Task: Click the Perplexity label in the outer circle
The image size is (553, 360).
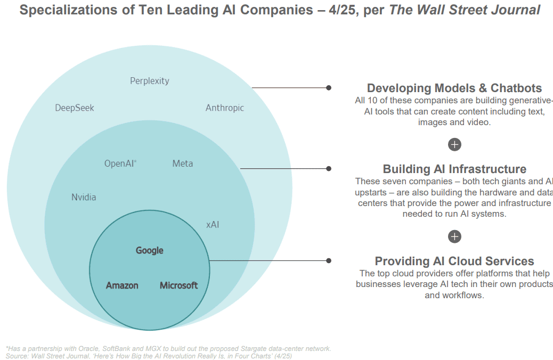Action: pyautogui.click(x=150, y=81)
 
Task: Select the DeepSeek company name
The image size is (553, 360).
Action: pyautogui.click(x=75, y=108)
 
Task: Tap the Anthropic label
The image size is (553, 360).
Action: pyautogui.click(x=225, y=108)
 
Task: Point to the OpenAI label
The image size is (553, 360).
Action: pyautogui.click(x=120, y=164)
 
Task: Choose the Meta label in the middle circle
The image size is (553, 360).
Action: pyautogui.click(x=183, y=164)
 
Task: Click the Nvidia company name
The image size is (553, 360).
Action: pyautogui.click(x=84, y=198)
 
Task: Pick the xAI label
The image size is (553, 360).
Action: pyautogui.click(x=213, y=225)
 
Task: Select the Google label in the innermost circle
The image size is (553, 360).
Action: pyautogui.click(x=150, y=251)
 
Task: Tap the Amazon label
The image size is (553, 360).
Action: pyautogui.click(x=122, y=285)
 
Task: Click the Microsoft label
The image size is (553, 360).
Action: pyautogui.click(x=179, y=285)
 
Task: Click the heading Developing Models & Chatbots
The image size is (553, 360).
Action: pyautogui.click(x=454, y=88)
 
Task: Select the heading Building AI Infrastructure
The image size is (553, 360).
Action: pyautogui.click(x=454, y=169)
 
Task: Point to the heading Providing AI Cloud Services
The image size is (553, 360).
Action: pyautogui.click(x=454, y=261)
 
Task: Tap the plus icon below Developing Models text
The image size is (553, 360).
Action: pyautogui.click(x=454, y=144)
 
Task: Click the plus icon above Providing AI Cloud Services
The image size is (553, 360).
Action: pyautogui.click(x=454, y=236)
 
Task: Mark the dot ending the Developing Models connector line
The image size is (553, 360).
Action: pyautogui.click(x=329, y=87)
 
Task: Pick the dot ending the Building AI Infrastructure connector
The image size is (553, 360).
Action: pyautogui.click(x=329, y=169)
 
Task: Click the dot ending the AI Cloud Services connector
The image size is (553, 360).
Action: pyautogui.click(x=329, y=260)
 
